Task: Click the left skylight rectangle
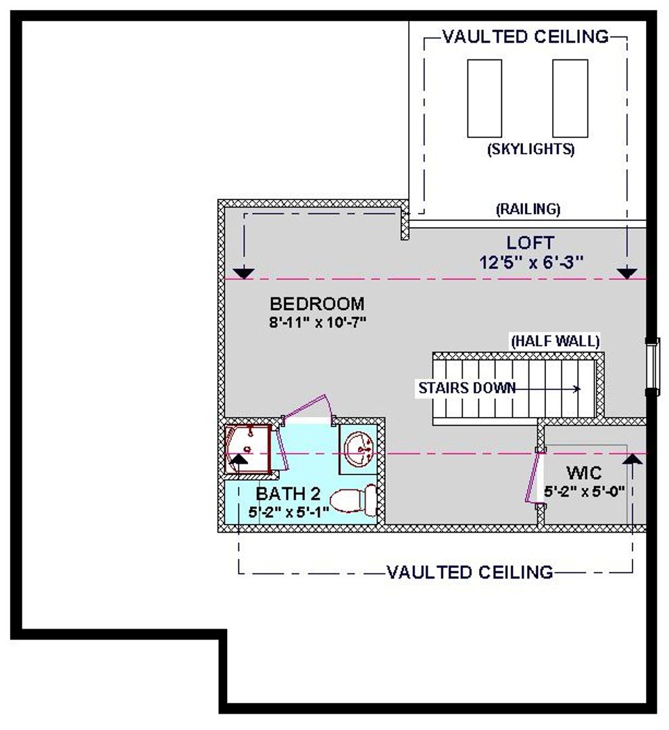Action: (484, 98)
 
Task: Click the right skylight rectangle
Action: (570, 98)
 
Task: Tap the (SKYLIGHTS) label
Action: (530, 149)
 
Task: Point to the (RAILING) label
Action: (528, 209)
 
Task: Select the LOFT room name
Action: (530, 243)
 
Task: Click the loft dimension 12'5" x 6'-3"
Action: (531, 262)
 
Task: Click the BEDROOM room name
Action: (317, 303)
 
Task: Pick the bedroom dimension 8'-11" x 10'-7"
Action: (318, 322)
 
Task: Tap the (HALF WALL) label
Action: (555, 341)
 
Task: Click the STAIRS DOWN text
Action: (467, 388)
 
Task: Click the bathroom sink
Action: (358, 449)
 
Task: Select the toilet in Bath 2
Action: (353, 500)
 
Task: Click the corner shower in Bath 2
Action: (248, 449)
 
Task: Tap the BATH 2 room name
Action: (288, 493)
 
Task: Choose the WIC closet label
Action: (584, 473)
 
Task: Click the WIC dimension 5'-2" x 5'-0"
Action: (585, 491)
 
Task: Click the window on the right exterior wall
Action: (653, 367)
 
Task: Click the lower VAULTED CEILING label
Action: (470, 572)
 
